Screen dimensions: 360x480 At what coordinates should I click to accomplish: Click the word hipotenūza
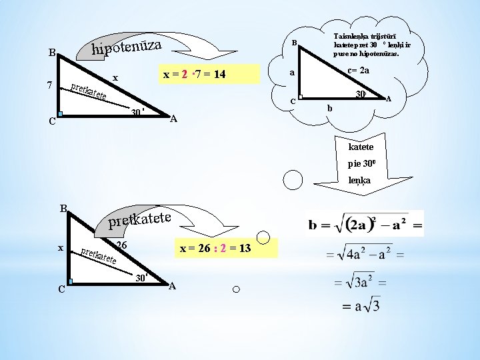[127, 47]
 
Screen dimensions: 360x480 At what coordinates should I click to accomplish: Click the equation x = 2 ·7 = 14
[195, 75]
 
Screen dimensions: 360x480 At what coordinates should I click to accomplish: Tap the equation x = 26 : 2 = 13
[215, 249]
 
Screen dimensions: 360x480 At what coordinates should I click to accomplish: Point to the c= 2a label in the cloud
[359, 70]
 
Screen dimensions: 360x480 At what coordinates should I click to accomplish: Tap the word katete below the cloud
[361, 146]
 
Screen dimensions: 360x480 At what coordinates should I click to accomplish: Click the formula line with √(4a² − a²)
[359, 255]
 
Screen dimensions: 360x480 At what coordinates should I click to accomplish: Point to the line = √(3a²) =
[359, 281]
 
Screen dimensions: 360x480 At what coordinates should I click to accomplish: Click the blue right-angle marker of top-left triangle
[60, 114]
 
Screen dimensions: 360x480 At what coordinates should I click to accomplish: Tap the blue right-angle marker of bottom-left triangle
[70, 282]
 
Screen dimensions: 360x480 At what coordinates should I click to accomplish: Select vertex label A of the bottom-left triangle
[172, 287]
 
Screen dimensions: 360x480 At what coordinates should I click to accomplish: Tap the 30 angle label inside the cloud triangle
[359, 95]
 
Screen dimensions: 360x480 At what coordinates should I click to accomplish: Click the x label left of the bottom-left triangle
[61, 248]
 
